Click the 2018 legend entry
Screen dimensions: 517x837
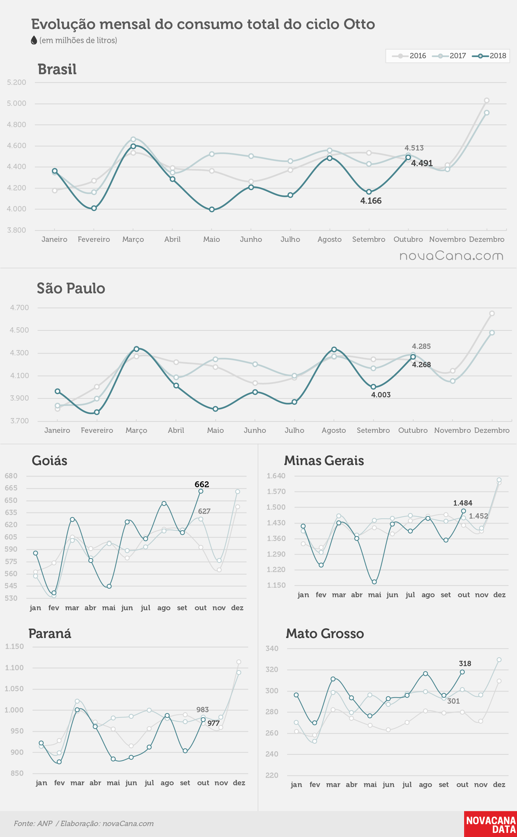point(489,56)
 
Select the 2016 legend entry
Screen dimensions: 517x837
point(409,56)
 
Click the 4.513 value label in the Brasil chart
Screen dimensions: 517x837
point(414,148)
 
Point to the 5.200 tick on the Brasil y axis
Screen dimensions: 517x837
point(17,82)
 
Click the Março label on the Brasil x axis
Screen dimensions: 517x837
point(133,239)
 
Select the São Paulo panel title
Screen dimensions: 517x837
point(71,288)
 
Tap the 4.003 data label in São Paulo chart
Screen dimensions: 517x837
point(381,395)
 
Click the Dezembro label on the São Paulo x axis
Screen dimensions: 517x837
point(492,430)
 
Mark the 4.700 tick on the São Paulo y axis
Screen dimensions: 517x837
point(19,307)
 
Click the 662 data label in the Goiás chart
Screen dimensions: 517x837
point(202,484)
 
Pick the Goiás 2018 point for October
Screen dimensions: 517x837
point(201,491)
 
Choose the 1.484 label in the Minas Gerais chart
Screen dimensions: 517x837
point(463,503)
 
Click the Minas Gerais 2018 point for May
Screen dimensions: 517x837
point(374,582)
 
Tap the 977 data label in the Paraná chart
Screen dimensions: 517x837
point(213,723)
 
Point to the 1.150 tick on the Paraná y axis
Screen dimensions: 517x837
point(14,646)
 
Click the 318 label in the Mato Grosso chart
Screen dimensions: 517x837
point(465,663)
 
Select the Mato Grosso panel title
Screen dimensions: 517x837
point(325,634)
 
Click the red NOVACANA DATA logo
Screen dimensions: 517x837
point(491,824)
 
